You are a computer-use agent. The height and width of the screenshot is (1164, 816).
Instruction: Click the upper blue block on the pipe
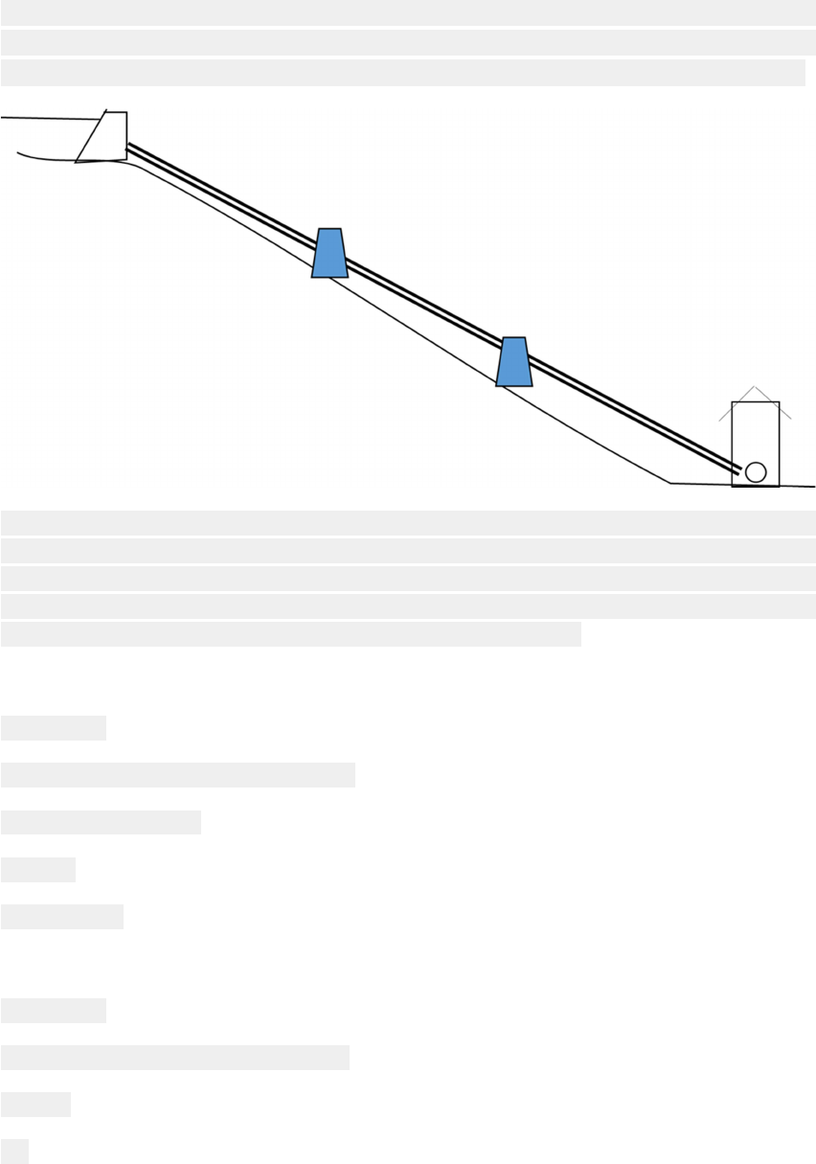point(329,254)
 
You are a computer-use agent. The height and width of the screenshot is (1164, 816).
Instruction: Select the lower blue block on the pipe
point(514,362)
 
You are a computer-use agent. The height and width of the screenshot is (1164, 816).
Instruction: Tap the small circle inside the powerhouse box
point(756,472)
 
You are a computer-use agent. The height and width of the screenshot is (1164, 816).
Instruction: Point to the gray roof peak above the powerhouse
point(756,387)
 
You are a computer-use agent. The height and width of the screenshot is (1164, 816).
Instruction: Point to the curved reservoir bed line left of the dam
point(43,158)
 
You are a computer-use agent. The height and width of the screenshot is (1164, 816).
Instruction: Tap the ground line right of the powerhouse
point(797,486)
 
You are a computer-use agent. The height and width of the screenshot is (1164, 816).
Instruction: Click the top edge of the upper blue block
point(329,229)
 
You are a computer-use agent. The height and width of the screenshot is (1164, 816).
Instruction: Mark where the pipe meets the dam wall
point(128,147)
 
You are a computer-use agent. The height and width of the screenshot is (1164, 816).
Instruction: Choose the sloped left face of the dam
point(91,137)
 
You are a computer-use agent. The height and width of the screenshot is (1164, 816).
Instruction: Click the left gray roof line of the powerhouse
point(736,405)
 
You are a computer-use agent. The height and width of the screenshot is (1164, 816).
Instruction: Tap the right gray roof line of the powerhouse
point(776,404)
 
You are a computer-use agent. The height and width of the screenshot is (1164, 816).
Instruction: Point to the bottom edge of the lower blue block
point(514,385)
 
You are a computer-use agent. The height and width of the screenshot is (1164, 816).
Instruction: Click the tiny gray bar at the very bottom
point(14,1151)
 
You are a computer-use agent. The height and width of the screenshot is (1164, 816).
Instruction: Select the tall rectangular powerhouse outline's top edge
point(756,402)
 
